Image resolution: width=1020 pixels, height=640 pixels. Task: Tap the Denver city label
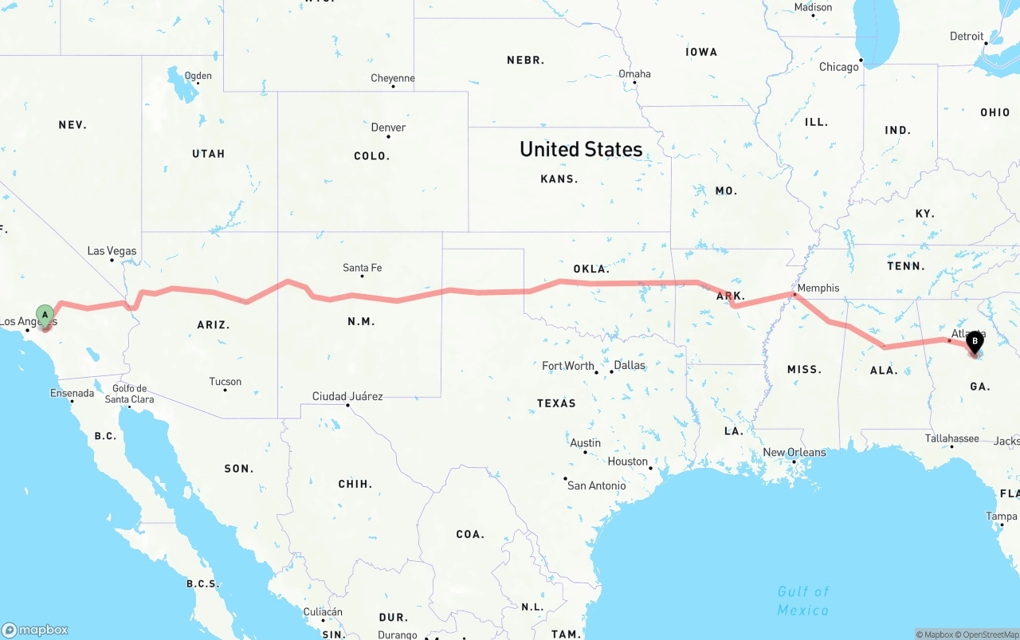coord(388,128)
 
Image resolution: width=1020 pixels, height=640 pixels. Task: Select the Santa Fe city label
coord(362,268)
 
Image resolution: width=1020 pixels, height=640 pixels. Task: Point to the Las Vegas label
coord(112,251)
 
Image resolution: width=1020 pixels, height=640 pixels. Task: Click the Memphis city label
coord(818,288)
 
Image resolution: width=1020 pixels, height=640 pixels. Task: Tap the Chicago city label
coord(839,67)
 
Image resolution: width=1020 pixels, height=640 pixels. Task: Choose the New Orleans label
coord(794,452)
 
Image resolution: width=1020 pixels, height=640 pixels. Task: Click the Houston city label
coord(628,461)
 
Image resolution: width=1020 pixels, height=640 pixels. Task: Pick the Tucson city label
coord(225,382)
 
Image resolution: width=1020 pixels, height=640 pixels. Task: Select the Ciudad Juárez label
coord(347,396)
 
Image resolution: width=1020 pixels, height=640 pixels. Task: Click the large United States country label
coord(581,149)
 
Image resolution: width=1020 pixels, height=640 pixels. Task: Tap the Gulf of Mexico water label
coord(802,600)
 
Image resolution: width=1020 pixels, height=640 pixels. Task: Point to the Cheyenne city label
coord(393,78)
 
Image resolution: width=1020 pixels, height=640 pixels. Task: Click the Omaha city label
coord(634,74)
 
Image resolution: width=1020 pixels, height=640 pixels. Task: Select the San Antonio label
coord(596,485)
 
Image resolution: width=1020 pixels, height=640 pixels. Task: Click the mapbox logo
coord(35,630)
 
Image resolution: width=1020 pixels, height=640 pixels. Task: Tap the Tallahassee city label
coord(952,438)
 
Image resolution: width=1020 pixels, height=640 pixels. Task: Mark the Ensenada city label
coord(72,393)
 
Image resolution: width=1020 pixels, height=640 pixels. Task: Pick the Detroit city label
coord(967,37)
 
